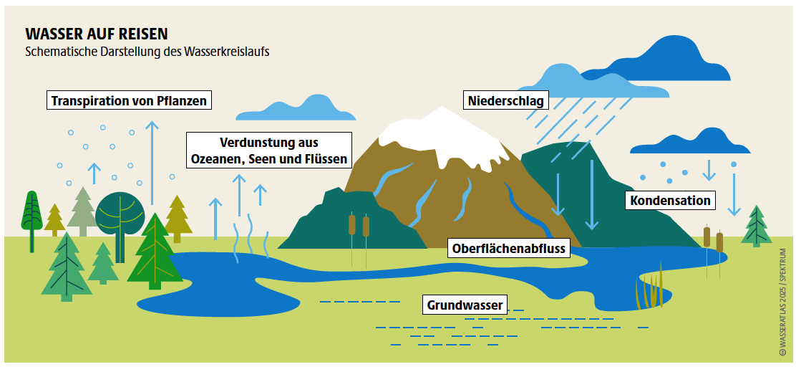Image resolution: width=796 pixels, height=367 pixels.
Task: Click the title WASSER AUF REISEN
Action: (x=97, y=34)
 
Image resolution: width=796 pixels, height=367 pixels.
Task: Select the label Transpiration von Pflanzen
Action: (x=130, y=100)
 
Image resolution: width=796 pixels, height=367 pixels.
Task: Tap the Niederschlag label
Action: (x=505, y=100)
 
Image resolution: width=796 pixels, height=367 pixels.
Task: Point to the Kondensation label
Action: (x=670, y=200)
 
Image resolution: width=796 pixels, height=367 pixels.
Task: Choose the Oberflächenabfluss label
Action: (x=509, y=249)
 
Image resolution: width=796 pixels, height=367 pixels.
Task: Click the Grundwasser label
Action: (x=465, y=305)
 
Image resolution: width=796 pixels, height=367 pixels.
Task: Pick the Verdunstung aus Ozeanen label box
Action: (x=269, y=151)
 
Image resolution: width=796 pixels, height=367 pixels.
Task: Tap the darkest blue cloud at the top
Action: (x=660, y=64)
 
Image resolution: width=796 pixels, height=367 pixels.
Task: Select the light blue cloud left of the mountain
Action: (x=296, y=108)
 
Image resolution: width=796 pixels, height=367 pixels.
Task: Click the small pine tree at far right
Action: (x=757, y=226)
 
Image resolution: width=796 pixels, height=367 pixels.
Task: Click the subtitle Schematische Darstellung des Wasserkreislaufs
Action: (x=147, y=52)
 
